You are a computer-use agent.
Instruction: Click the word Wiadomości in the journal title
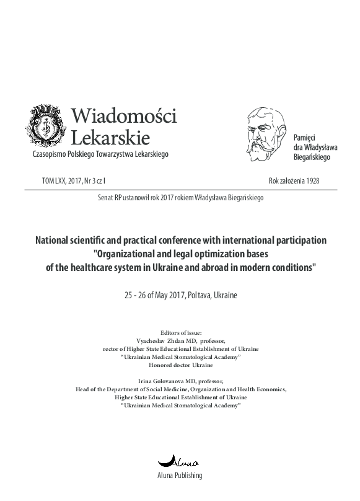[125, 116]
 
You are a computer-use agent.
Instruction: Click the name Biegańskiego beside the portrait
[312, 157]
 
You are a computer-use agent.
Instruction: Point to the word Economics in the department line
[270, 389]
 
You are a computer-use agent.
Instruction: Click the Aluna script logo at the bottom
[180, 461]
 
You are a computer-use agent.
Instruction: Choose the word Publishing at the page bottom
[190, 476]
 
